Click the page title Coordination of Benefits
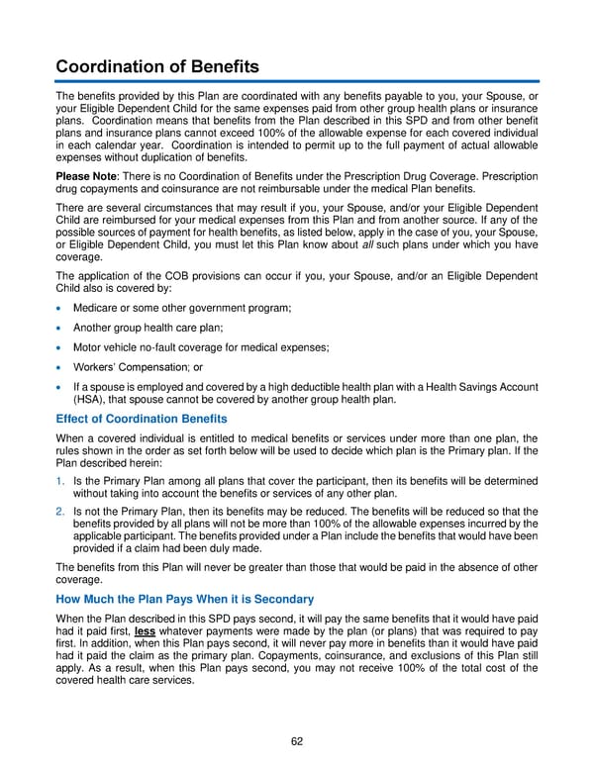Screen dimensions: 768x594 click(157, 66)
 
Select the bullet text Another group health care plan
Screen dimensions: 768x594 click(148, 329)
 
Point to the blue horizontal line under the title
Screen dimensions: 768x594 click(297, 81)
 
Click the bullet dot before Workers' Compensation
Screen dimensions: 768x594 click(60, 367)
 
